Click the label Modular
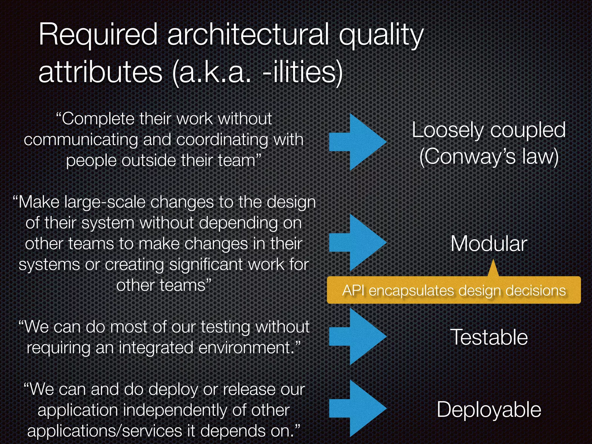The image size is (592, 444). pyautogui.click(x=489, y=244)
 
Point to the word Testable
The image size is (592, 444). pyautogui.click(x=489, y=337)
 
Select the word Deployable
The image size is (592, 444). pyautogui.click(x=489, y=410)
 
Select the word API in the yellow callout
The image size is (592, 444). pyautogui.click(x=354, y=290)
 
